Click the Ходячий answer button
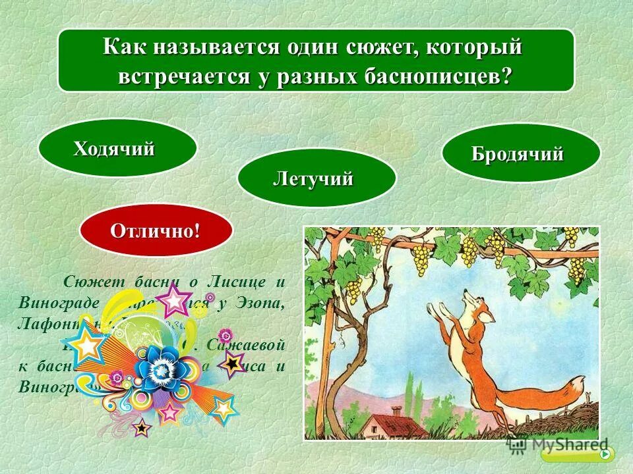pos(117,149)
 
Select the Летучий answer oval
pos(316,178)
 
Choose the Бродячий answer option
pos(520,154)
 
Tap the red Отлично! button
pos(156,231)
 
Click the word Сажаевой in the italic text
pos(247,344)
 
